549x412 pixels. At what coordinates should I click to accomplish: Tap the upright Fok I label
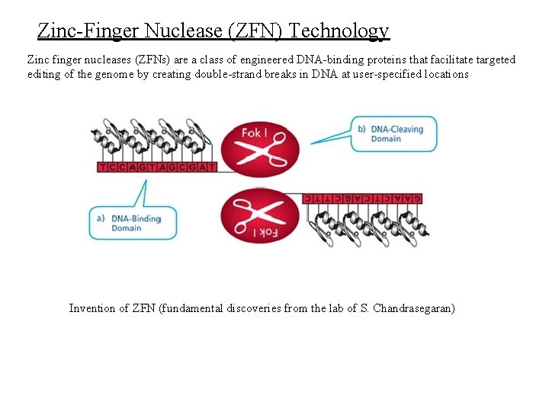click(x=255, y=133)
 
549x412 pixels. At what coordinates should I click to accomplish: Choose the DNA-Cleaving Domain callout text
click(x=396, y=134)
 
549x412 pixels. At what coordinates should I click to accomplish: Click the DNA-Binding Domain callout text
click(x=136, y=223)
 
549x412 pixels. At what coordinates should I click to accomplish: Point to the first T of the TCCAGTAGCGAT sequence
click(x=102, y=166)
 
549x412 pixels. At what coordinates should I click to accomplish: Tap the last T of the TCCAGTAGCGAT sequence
click(x=211, y=166)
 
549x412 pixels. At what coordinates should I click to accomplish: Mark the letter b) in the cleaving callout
click(x=361, y=129)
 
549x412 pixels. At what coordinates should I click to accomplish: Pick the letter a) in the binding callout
click(x=101, y=218)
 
